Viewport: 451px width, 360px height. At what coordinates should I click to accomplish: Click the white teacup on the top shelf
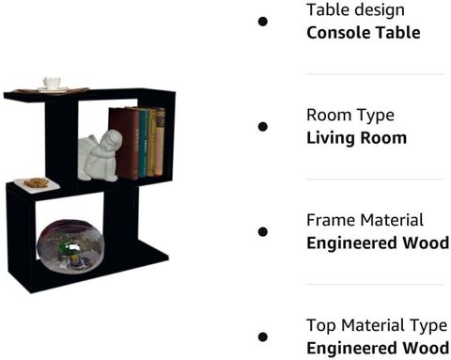(x=52, y=83)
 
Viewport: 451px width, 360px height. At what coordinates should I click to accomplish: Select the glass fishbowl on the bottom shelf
(x=70, y=245)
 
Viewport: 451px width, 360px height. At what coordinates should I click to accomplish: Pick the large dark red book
(x=125, y=143)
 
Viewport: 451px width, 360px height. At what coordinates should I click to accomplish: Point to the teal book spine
(x=143, y=143)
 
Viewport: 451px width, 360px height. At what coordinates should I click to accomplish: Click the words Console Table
(x=364, y=33)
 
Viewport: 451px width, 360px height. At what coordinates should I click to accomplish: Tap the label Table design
(x=355, y=10)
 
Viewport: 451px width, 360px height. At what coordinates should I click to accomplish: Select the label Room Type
(x=350, y=116)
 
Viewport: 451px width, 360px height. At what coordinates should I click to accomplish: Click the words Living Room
(x=357, y=138)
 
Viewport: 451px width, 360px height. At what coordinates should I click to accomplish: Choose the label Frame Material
(x=365, y=220)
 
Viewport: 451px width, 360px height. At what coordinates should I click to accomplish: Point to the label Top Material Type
(x=377, y=325)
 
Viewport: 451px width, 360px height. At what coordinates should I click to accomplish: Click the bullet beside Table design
(x=263, y=22)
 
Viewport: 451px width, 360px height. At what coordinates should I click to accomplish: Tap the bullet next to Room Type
(x=263, y=127)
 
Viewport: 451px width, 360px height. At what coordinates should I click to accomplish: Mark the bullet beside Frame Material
(x=263, y=232)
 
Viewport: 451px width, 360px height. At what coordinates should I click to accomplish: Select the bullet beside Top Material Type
(x=263, y=337)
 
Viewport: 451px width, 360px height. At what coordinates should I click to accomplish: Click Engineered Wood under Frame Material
(x=378, y=243)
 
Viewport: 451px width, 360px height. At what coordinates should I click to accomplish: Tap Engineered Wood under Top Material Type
(x=378, y=348)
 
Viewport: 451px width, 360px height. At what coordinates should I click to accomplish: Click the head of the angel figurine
(x=112, y=140)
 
